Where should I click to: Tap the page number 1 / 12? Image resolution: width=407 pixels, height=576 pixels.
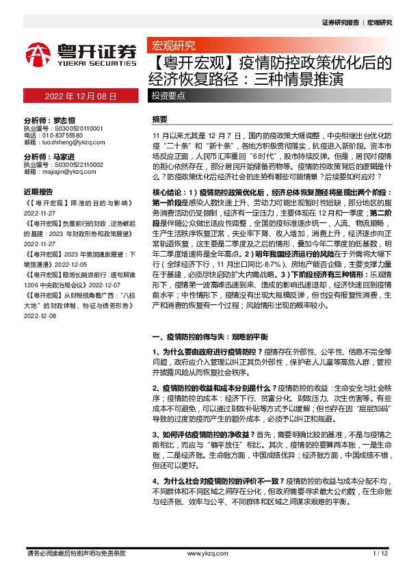coord(381,553)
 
